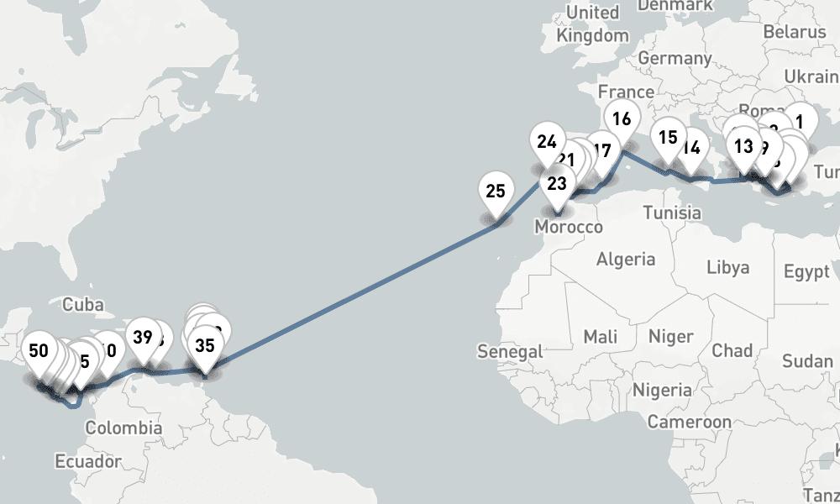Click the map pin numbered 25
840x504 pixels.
click(x=496, y=192)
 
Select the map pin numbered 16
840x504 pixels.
click(x=622, y=118)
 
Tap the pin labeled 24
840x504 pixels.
click(x=547, y=141)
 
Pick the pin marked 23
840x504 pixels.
click(x=557, y=182)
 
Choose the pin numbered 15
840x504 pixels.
click(x=669, y=137)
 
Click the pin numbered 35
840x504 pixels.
click(x=204, y=344)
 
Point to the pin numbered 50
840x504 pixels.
click(x=39, y=350)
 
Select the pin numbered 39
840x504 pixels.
click(x=143, y=338)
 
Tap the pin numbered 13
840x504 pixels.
click(x=743, y=146)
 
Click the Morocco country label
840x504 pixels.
click(x=570, y=228)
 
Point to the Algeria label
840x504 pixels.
click(x=626, y=259)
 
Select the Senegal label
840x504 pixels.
click(x=510, y=352)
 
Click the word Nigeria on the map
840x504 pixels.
click(x=663, y=390)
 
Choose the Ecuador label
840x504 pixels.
click(x=87, y=461)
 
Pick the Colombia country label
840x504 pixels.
click(x=123, y=428)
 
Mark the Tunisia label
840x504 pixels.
click(x=672, y=213)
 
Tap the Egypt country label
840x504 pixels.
click(x=806, y=271)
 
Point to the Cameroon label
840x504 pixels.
click(x=689, y=422)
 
